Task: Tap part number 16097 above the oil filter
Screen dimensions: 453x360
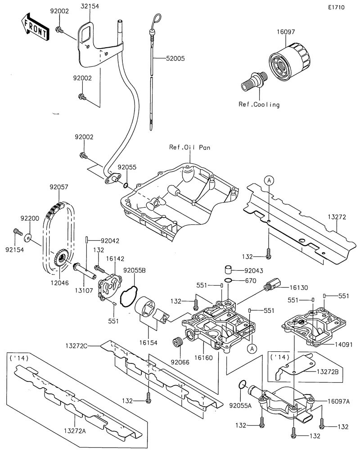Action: pyautogui.click(x=285, y=32)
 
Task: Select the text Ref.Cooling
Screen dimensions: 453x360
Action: pyautogui.click(x=259, y=104)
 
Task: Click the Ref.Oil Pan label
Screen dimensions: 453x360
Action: pyautogui.click(x=189, y=147)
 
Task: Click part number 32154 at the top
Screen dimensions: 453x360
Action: pyautogui.click(x=90, y=6)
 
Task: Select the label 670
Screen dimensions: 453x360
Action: pyautogui.click(x=251, y=281)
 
